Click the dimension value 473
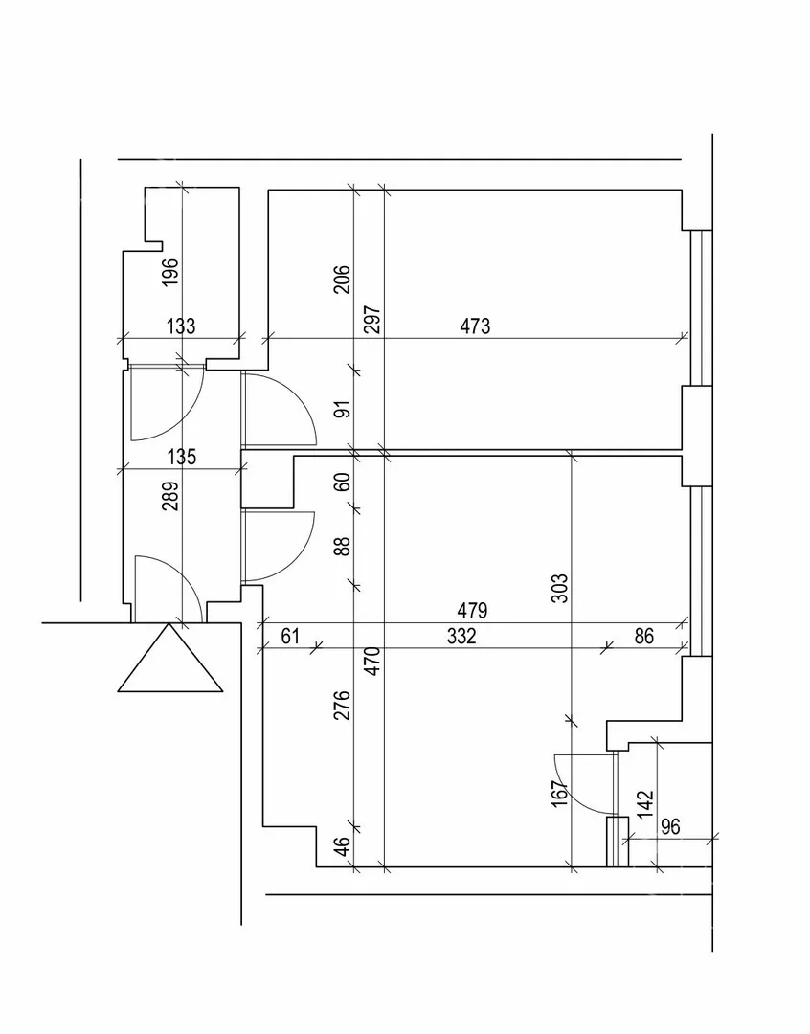[475, 326]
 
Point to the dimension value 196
[170, 273]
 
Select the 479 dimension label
[473, 611]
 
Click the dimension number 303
[561, 587]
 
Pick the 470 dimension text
[373, 661]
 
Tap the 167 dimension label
[561, 793]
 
